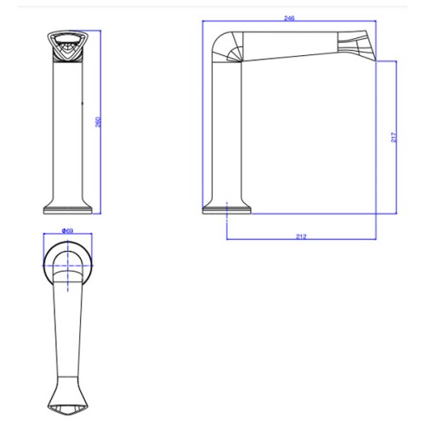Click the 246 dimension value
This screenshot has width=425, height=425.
289,18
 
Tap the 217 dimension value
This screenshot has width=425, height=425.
394,138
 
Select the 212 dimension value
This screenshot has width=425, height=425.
301,236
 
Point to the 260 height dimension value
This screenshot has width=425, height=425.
98,122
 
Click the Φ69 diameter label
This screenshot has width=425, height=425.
67,230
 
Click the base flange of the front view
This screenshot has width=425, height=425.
68,210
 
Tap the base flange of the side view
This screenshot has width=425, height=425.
227,210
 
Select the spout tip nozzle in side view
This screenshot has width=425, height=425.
356,45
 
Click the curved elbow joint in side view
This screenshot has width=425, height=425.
227,46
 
